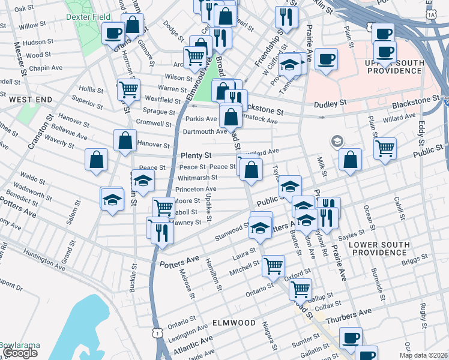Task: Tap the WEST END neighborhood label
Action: point(24,98)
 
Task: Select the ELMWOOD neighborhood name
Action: point(234,323)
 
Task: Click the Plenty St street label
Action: point(196,155)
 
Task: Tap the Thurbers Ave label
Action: point(348,314)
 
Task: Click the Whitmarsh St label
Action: point(197,178)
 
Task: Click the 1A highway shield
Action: point(432,13)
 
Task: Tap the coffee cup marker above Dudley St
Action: point(326,59)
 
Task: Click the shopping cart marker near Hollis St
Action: point(128,89)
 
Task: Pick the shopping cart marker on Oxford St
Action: point(300,290)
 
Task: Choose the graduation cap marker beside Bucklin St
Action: point(143,181)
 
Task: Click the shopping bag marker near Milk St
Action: point(351,160)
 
